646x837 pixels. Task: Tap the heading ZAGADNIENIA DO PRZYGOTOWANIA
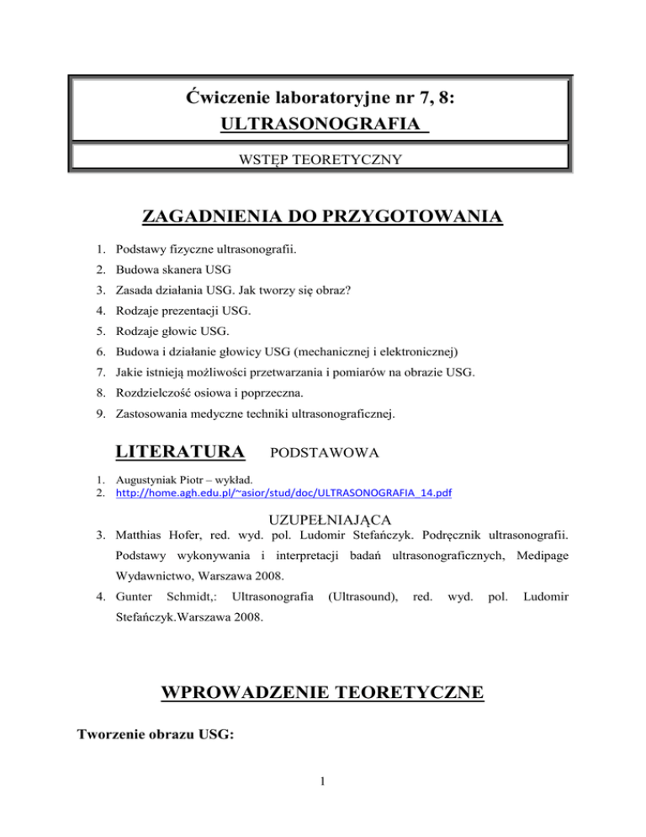click(322, 220)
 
